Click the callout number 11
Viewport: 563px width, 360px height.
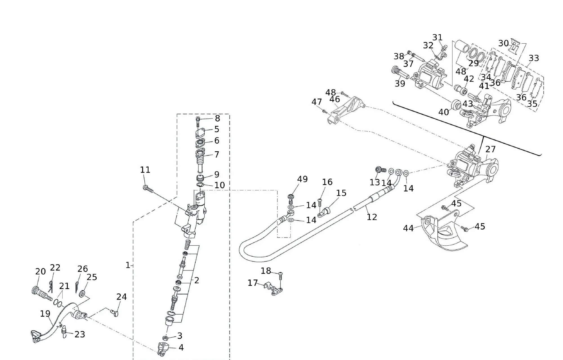tap(145, 170)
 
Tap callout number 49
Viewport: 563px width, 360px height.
tap(302, 179)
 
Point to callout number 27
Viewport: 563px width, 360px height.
tap(490, 149)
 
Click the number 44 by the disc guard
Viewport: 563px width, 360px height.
tap(408, 228)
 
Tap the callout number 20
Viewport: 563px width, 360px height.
tap(40, 272)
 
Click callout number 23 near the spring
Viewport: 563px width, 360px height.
tap(80, 334)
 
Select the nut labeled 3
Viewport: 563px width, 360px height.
tap(166, 338)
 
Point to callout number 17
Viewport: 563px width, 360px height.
tap(253, 283)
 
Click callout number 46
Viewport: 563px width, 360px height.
tap(334, 99)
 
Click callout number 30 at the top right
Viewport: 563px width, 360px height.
tap(503, 43)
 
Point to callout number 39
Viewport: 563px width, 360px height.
tap(400, 84)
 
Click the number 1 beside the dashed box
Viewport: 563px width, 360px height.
tap(128, 265)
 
